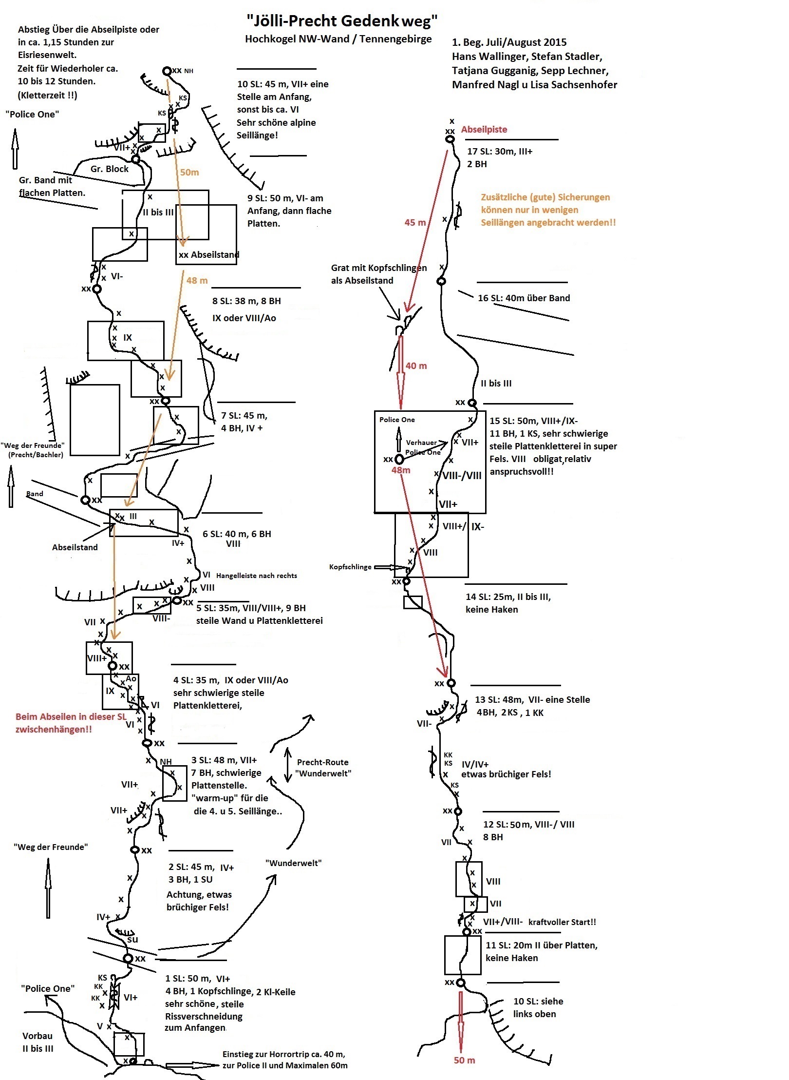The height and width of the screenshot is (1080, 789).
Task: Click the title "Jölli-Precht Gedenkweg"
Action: (342, 20)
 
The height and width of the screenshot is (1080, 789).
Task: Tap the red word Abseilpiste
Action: (484, 129)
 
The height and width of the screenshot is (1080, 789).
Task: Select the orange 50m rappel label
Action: (189, 172)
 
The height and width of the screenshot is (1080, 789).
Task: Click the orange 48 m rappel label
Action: (197, 280)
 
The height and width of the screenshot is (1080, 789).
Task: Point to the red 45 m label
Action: (415, 222)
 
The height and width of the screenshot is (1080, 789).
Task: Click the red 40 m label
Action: (416, 366)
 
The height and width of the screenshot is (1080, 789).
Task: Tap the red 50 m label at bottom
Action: (464, 1060)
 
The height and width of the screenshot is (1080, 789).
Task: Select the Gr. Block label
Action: (110, 169)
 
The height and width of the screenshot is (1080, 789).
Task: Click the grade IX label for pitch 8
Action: (128, 337)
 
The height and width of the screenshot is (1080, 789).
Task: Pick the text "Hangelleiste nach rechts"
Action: (256, 576)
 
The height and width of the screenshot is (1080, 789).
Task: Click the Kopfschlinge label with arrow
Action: (350, 567)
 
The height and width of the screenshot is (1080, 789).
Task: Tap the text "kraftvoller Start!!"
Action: (562, 922)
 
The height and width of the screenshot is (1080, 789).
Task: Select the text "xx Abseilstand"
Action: (209, 254)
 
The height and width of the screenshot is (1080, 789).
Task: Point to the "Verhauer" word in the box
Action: (421, 443)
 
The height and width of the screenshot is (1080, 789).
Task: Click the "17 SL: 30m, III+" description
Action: (500, 151)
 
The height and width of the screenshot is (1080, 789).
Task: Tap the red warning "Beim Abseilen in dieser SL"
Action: (71, 716)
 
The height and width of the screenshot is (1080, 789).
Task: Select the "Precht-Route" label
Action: (322, 762)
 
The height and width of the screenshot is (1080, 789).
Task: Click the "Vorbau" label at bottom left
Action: (37, 1036)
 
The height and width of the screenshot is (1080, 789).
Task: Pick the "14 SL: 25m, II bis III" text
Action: (508, 597)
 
